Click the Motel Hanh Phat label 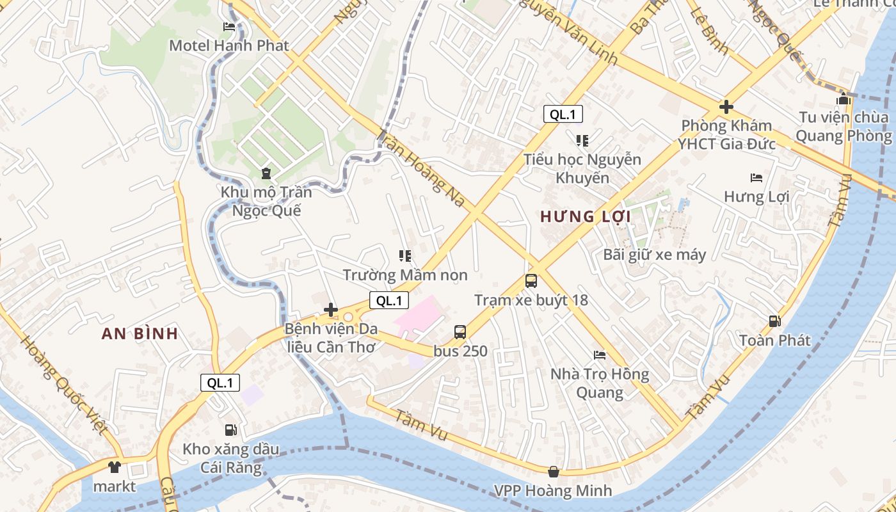click(229, 45)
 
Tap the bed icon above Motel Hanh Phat click(229, 27)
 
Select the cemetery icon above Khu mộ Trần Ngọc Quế click(266, 173)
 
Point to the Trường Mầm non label click(405, 275)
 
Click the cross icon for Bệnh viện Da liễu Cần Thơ click(331, 310)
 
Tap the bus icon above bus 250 click(460, 332)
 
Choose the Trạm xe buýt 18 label click(531, 300)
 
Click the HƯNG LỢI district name click(586, 216)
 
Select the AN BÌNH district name click(140, 333)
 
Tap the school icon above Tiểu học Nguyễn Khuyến click(582, 140)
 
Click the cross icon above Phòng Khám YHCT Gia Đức click(726, 107)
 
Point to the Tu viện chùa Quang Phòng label click(844, 126)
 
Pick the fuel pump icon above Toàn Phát click(774, 321)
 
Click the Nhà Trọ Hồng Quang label click(600, 383)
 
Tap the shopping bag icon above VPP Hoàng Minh click(554, 472)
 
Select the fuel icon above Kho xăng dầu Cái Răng click(230, 430)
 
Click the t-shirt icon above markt click(115, 468)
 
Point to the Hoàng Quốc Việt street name click(63, 384)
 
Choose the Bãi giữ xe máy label click(655, 255)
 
